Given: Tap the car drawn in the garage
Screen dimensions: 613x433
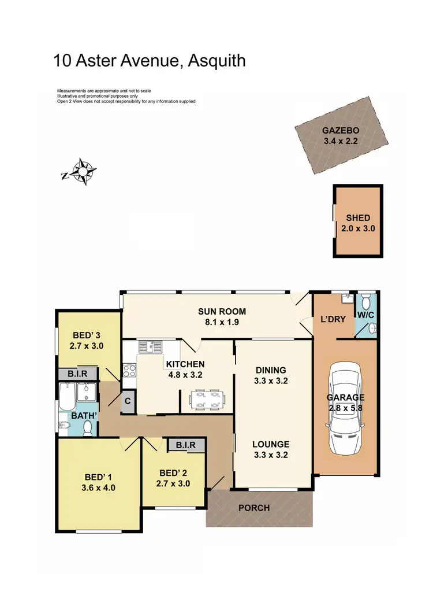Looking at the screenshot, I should (x=346, y=409).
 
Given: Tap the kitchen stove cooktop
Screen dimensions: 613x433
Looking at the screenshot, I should (x=128, y=369).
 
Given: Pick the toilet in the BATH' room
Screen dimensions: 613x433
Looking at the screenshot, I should (x=88, y=427).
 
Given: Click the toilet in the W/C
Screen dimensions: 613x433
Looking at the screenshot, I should (x=371, y=328).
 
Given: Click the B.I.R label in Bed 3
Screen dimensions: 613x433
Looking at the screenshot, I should (x=78, y=374).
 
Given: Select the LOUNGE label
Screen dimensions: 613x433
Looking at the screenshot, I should (x=271, y=444).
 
